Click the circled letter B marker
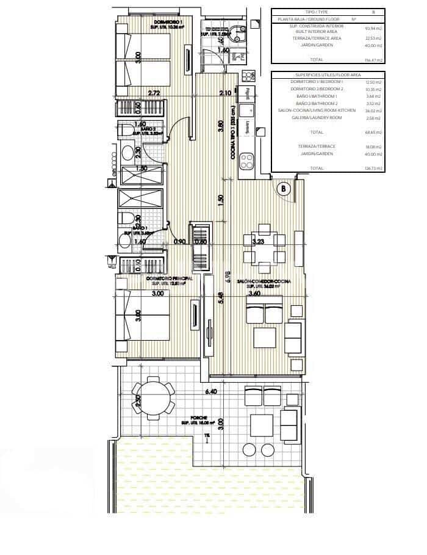(x=283, y=189)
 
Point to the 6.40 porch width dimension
(x=212, y=390)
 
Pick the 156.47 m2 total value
(x=374, y=60)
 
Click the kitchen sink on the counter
(x=248, y=110)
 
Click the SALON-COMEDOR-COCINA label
(x=268, y=281)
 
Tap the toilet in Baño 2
(x=127, y=152)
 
